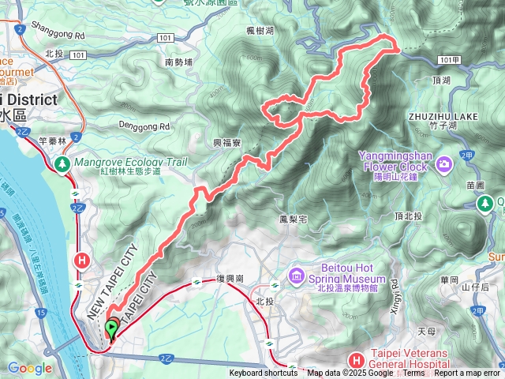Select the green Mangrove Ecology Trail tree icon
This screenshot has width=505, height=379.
coord(62,163)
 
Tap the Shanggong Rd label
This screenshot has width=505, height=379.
coord(58,36)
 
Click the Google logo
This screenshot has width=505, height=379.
coord(30,368)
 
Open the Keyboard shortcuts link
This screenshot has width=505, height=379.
coord(264,373)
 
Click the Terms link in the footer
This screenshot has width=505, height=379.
coord(414,373)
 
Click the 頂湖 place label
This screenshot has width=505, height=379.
coord(442,81)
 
